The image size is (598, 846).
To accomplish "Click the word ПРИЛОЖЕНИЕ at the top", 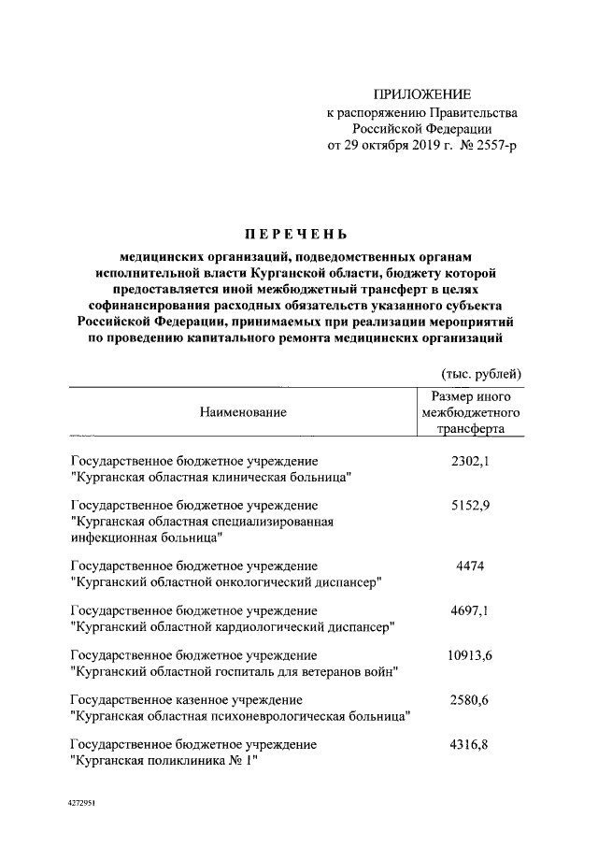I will click(422, 94).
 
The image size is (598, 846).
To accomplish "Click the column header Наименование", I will click(242, 411).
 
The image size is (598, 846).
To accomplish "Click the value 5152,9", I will click(470, 505).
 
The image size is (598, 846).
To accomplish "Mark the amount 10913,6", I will click(470, 654).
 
